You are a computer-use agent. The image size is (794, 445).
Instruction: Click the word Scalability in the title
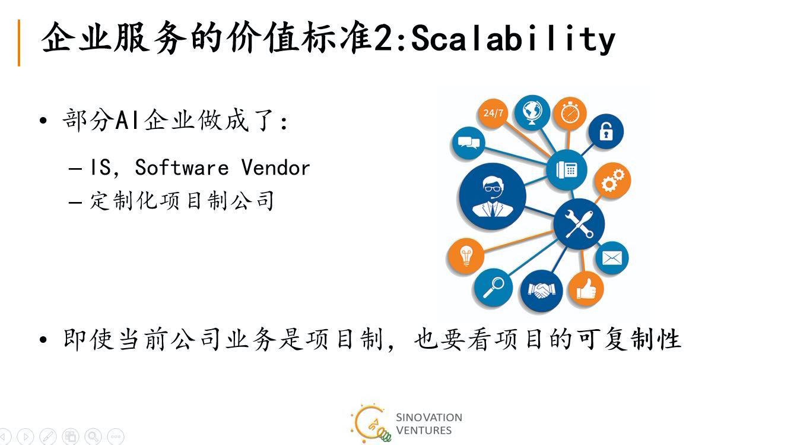tap(513, 39)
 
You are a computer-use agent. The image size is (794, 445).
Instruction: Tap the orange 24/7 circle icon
tap(493, 113)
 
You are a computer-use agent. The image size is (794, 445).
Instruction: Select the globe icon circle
tap(532, 112)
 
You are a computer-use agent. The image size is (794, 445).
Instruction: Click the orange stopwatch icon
tap(570, 113)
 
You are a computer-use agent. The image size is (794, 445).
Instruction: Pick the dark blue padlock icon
tap(606, 131)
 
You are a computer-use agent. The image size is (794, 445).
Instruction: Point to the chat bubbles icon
tap(469, 143)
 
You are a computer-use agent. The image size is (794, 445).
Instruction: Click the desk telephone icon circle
tap(567, 170)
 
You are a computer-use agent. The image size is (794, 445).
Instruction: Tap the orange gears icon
tap(612, 180)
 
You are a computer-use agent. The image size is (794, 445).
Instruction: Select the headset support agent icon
tap(493, 196)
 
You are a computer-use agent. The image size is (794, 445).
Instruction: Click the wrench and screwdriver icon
tap(579, 224)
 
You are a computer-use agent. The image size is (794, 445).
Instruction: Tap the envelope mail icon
tap(612, 258)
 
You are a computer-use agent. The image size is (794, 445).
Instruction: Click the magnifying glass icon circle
tap(493, 288)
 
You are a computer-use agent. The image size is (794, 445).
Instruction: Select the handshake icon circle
tap(541, 291)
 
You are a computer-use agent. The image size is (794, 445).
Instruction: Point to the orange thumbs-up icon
tap(586, 289)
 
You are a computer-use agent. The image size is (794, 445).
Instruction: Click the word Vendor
tap(275, 168)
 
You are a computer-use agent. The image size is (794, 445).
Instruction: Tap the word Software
tap(182, 168)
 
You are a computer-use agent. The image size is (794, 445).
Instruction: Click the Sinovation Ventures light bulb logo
tap(371, 424)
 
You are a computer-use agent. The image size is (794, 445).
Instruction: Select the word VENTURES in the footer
tap(424, 431)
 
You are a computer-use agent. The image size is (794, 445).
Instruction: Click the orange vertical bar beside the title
tap(19, 43)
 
